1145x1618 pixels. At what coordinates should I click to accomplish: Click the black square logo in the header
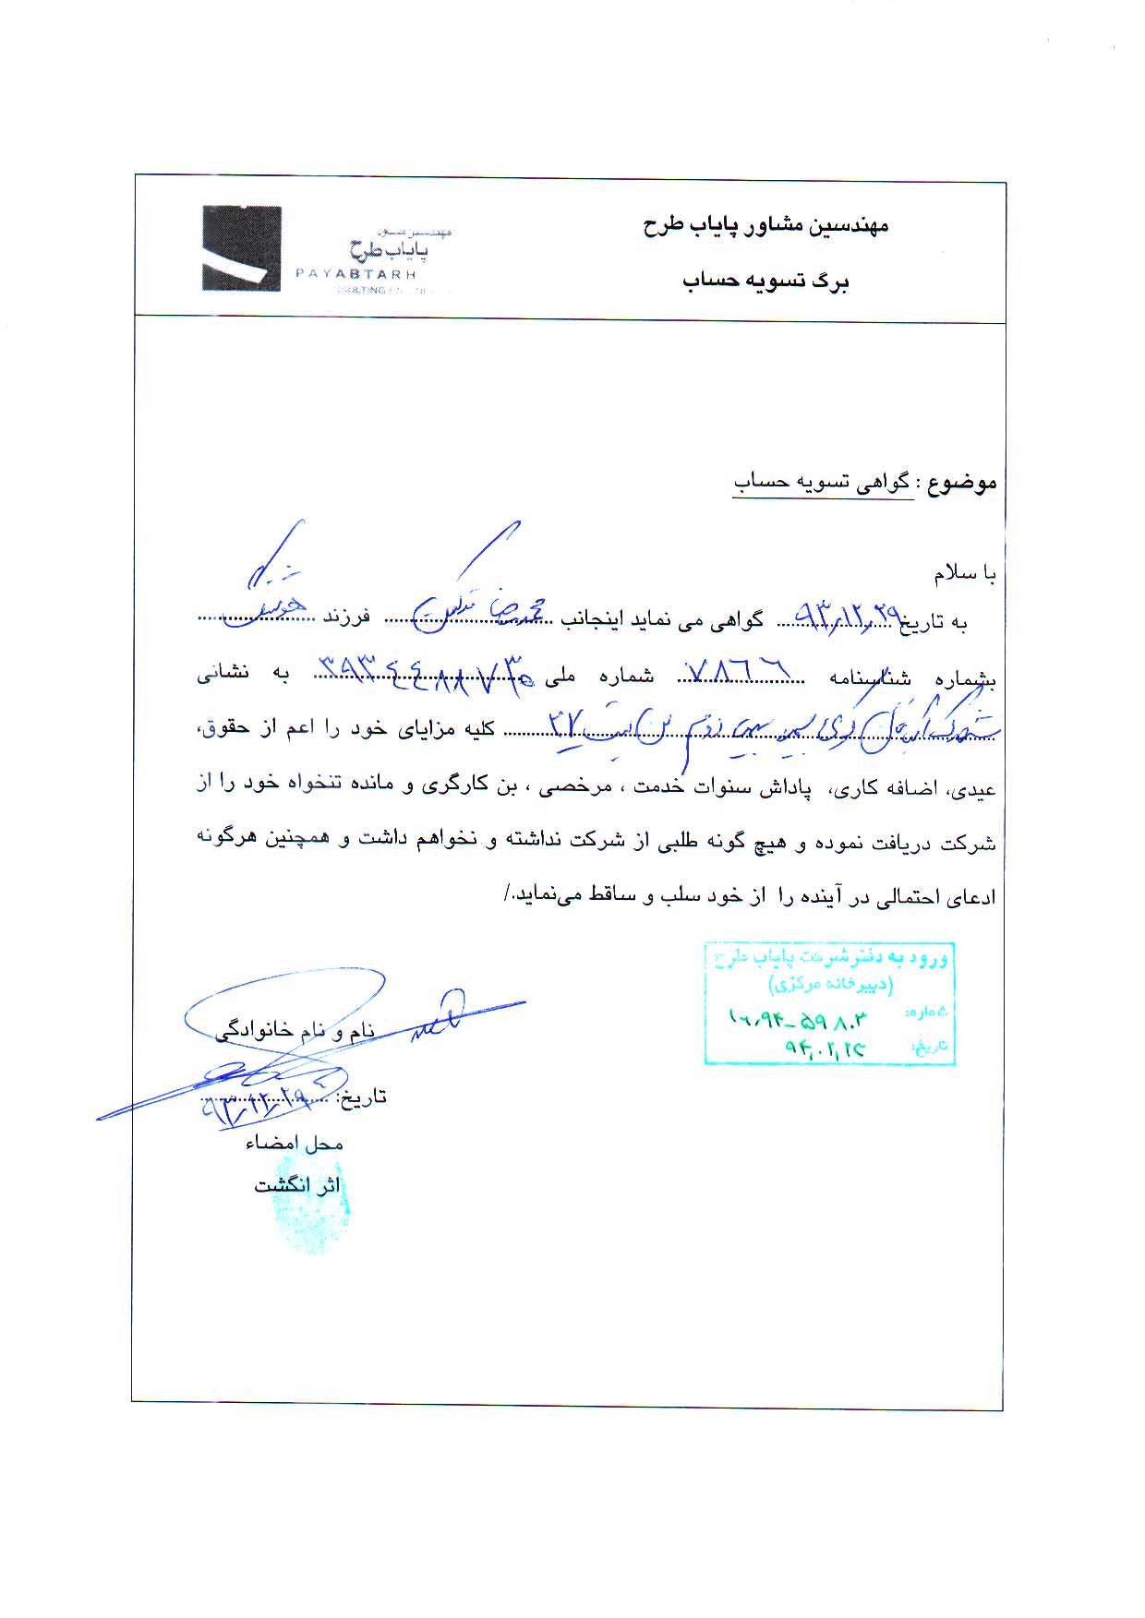click(242, 249)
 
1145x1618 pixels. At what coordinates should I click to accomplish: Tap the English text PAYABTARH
click(356, 274)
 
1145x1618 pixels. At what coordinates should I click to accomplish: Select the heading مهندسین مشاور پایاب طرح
click(765, 226)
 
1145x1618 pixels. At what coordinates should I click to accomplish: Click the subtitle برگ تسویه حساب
click(765, 282)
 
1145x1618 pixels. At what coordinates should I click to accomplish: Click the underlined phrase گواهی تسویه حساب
click(823, 483)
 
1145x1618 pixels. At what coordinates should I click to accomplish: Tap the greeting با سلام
click(965, 574)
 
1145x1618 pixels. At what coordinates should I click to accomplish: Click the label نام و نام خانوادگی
click(295, 1031)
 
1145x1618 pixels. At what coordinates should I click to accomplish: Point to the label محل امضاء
click(294, 1144)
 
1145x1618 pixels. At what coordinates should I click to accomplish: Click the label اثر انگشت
click(297, 1185)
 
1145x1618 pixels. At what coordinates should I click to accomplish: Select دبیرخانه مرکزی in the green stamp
click(830, 985)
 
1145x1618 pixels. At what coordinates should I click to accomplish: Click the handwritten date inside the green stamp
click(825, 1049)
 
